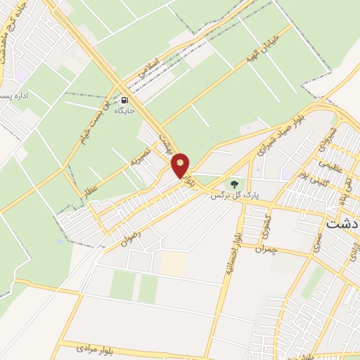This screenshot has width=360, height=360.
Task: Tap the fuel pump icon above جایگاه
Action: tap(125, 100)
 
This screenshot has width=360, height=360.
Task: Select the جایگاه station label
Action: tap(125, 111)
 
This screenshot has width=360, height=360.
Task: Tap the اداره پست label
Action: tap(14, 95)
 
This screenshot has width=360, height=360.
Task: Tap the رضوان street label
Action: tap(131, 237)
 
